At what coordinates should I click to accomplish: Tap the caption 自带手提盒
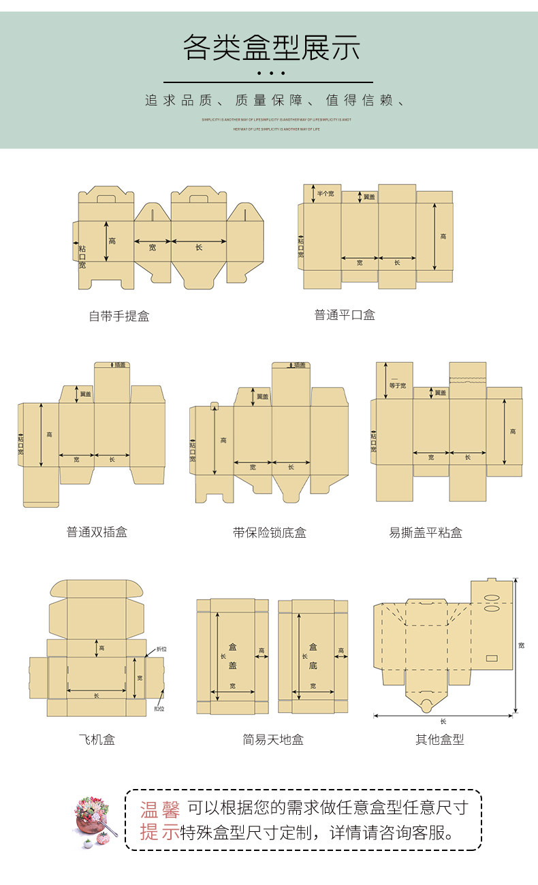coord(118,316)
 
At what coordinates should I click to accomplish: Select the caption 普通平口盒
coord(345,315)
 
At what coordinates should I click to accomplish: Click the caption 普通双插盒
coord(97,532)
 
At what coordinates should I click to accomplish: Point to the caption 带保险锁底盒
coord(270,532)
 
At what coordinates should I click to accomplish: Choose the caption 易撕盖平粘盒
coord(426,532)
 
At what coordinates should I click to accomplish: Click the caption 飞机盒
coord(97,739)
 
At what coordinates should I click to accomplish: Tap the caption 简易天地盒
coord(273,739)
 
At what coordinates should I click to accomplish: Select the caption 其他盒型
coord(440,739)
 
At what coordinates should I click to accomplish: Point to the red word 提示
coord(160,832)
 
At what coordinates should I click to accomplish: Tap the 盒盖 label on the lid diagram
coord(232,656)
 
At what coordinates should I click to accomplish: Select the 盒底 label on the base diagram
coord(313,656)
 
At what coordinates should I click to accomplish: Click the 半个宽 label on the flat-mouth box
coord(326,194)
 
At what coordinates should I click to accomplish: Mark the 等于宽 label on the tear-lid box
coord(397,384)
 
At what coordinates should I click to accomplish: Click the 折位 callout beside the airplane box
coord(161,649)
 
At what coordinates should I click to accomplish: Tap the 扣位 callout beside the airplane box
coord(159,709)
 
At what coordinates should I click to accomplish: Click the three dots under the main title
coord(271,73)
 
